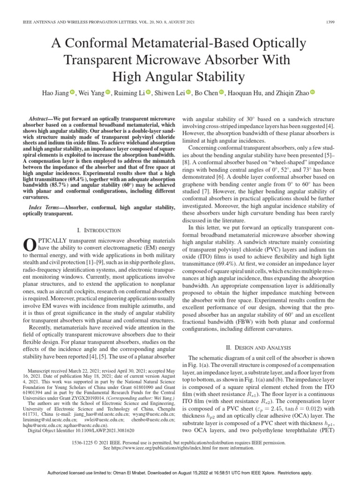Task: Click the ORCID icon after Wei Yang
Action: (x=108, y=93)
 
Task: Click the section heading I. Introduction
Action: (x=98, y=230)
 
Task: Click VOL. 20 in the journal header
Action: (x=138, y=22)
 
